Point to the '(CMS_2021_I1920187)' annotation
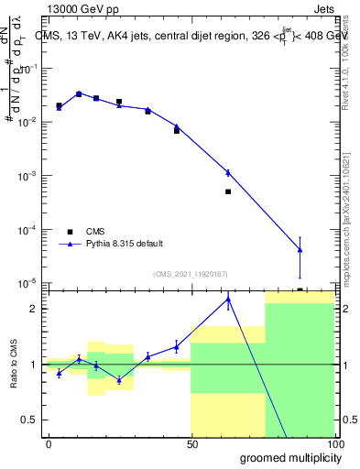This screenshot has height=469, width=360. [190, 273]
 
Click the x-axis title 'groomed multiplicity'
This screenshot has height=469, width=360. [286, 457]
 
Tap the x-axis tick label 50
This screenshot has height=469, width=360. [192, 443]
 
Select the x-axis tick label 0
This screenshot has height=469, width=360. [49, 443]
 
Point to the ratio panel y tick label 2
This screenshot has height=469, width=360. [34, 309]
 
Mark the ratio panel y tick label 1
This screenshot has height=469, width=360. [34, 365]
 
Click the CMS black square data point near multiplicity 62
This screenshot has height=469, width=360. [228, 191]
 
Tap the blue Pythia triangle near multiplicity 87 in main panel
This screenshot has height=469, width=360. [300, 250]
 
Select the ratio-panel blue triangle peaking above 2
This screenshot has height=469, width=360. [228, 299]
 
